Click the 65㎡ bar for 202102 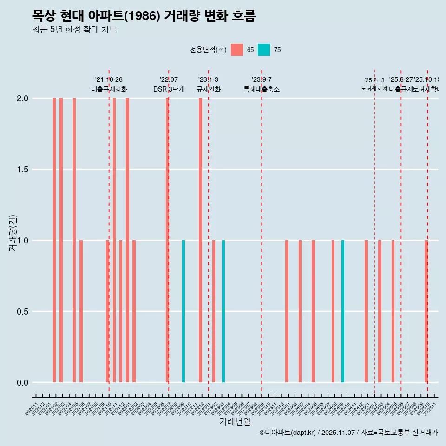(x=54, y=240)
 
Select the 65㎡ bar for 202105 (x=74, y=240)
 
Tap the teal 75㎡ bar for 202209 (x=184, y=311)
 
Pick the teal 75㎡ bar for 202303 (x=223, y=311)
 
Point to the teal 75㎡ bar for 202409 (x=343, y=311)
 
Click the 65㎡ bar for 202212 (x=200, y=240)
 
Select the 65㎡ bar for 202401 (x=287, y=311)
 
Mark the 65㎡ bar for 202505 (x=393, y=311)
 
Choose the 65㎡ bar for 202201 (x=127, y=240)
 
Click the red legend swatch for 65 (x=237, y=50)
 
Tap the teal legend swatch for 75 (x=264, y=50)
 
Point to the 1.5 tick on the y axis (x=22, y=170)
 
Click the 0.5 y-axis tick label (x=22, y=312)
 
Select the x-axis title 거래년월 (x=235, y=422)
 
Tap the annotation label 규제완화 (x=208, y=89)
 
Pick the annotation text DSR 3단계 (x=169, y=89)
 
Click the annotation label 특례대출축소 (x=262, y=89)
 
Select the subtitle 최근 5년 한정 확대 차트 (x=74, y=30)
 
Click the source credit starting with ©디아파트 (x=348, y=433)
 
